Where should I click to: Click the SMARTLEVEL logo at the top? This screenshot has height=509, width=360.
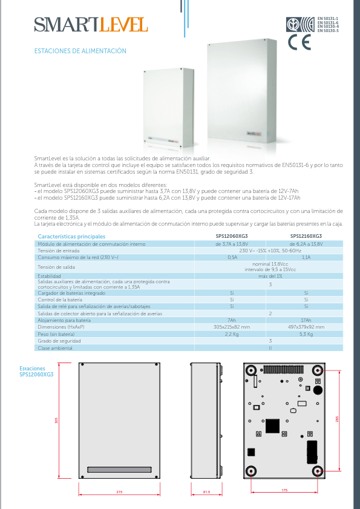point(91,25)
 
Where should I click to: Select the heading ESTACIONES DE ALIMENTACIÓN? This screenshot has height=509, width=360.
point(80,51)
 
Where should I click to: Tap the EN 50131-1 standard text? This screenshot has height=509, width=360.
point(328,19)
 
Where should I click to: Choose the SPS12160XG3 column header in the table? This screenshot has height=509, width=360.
point(306,236)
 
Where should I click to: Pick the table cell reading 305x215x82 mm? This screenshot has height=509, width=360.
point(232,327)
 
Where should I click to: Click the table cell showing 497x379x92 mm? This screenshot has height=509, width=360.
point(306,327)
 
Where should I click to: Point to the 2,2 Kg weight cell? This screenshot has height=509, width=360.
point(232,334)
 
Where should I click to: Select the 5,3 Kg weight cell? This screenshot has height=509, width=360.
point(306,334)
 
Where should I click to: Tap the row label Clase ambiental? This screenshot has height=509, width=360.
point(55,348)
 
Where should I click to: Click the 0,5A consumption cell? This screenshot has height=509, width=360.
point(232,257)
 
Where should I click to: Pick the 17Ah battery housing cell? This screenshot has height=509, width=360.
point(306,320)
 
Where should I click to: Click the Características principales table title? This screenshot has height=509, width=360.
point(71,236)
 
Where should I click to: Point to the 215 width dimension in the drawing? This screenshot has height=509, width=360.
point(119,493)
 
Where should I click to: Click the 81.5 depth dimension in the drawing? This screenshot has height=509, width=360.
point(207,493)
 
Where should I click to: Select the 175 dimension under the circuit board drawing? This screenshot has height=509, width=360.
point(284,490)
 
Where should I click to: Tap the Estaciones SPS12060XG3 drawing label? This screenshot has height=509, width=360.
point(36,371)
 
